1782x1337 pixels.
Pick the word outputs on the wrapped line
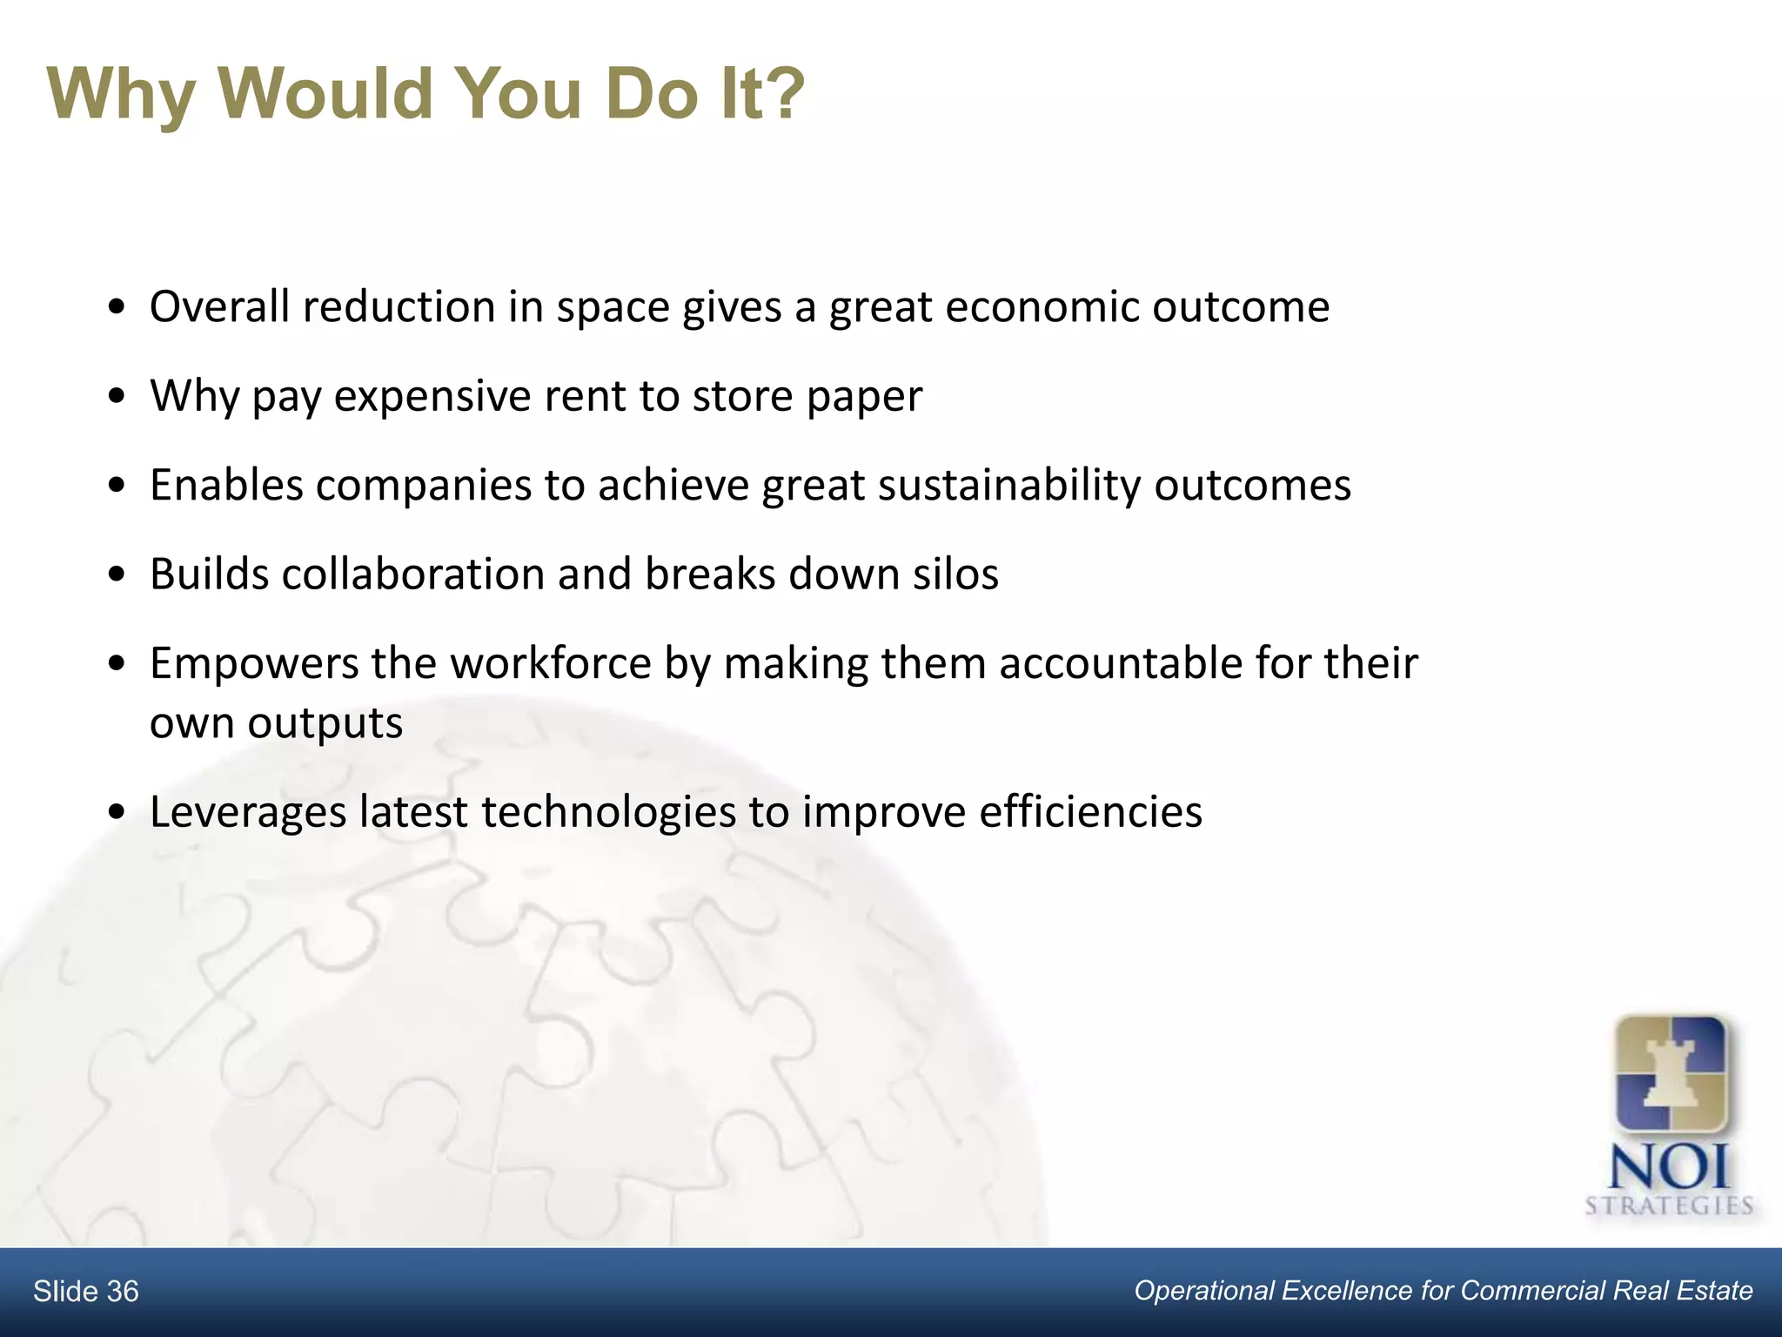click(x=325, y=724)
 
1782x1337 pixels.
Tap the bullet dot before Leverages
click(x=117, y=814)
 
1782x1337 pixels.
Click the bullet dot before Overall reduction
click(x=117, y=309)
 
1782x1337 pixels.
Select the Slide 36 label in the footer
click(x=85, y=1291)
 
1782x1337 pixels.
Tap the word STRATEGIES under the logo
click(x=1669, y=1206)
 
